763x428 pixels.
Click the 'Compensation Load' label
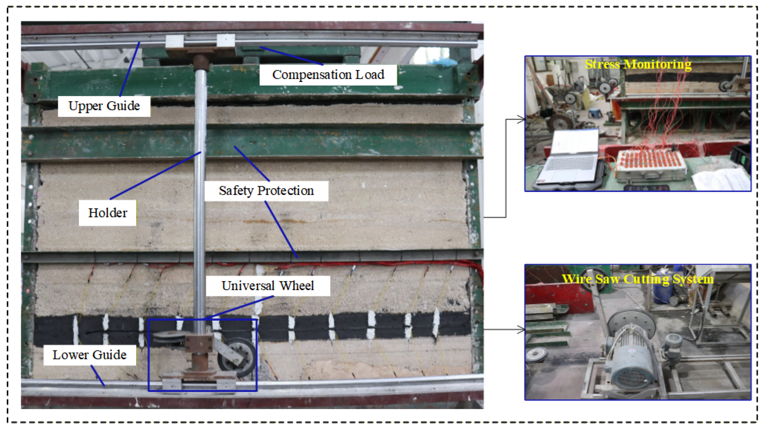328,75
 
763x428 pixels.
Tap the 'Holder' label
108,213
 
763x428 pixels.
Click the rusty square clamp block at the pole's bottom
199,343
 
